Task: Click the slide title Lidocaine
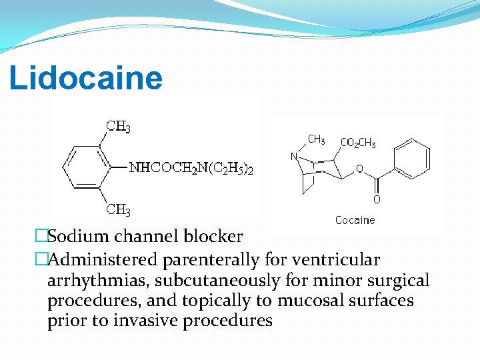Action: (x=85, y=78)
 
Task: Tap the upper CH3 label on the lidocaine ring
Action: (x=119, y=127)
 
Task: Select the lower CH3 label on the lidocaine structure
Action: (x=119, y=210)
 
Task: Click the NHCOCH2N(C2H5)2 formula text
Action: (x=191, y=168)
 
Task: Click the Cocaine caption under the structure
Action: (x=355, y=220)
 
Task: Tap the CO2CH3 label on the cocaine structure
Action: (x=358, y=143)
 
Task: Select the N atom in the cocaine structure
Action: (x=294, y=157)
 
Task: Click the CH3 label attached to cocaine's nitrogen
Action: (x=316, y=140)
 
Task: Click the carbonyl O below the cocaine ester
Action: (x=377, y=199)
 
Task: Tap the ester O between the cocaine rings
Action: (x=359, y=169)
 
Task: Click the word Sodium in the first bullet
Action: (x=76, y=237)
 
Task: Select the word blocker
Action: (x=214, y=237)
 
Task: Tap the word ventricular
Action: (x=335, y=259)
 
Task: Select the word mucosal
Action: (x=309, y=301)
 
